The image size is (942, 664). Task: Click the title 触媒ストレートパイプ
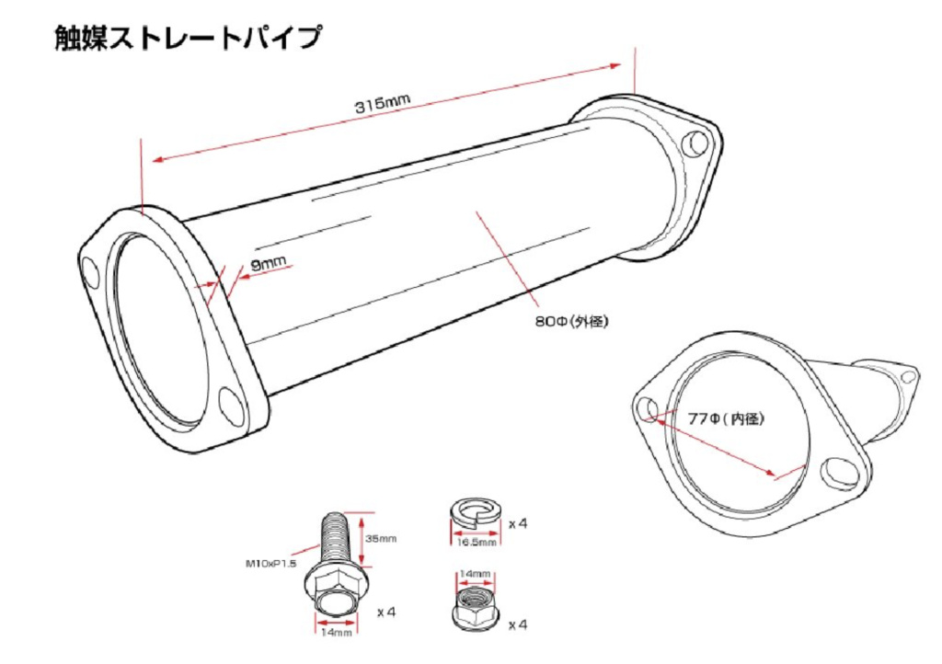(188, 39)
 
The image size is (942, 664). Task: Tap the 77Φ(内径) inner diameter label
(726, 418)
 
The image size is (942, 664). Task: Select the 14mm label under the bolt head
(337, 633)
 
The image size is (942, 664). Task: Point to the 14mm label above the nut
(477, 574)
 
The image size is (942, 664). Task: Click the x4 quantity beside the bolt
(387, 610)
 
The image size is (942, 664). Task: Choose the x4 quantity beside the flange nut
(518, 624)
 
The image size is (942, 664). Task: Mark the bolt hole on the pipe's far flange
(697, 143)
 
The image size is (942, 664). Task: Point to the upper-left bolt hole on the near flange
(91, 273)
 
